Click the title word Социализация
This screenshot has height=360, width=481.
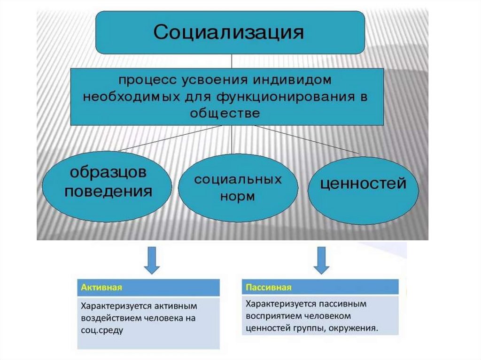pyautogui.click(x=229, y=33)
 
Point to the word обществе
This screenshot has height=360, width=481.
pyautogui.click(x=225, y=113)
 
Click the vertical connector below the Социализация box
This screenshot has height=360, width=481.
pyautogui.click(x=230, y=61)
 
